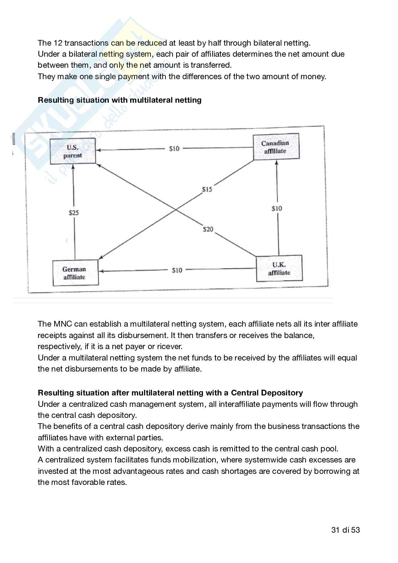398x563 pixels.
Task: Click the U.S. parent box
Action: [x=73, y=151]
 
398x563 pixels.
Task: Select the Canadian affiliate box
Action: [x=276, y=147]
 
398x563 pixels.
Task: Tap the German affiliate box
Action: [x=75, y=273]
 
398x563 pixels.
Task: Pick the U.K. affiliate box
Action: [x=279, y=268]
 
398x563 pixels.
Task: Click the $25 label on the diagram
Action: [x=74, y=213]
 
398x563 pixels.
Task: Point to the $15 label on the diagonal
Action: [x=207, y=189]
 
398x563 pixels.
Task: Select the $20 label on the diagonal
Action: [x=208, y=229]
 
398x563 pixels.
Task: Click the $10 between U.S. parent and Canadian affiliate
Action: [x=174, y=149]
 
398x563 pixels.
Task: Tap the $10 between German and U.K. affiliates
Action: [x=177, y=270]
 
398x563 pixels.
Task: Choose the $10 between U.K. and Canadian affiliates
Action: [x=277, y=208]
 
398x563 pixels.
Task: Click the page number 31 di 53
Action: [x=345, y=530]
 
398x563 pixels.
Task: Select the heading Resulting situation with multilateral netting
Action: [x=119, y=100]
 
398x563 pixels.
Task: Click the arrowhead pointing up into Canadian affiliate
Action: [x=277, y=162]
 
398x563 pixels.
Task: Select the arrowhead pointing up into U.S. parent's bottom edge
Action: [x=73, y=167]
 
